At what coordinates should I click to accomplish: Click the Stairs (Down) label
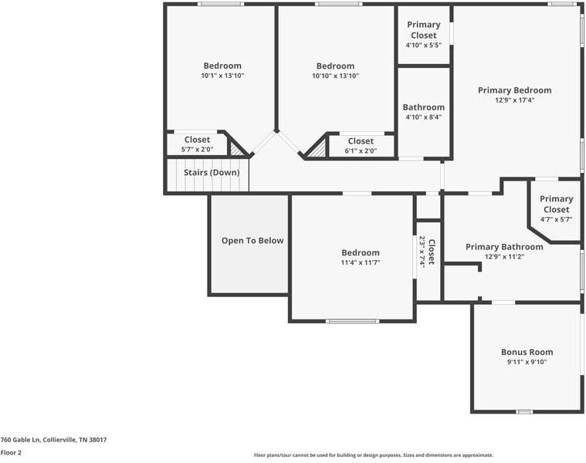pos(212,173)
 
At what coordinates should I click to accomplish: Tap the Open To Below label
pos(252,241)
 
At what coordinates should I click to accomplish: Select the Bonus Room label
pos(527,352)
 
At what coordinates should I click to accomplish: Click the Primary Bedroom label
pos(515,90)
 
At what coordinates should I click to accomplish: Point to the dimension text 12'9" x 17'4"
pos(515,100)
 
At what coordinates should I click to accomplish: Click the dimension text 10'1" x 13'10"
pos(222,76)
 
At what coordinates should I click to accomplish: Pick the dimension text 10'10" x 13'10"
pos(336,76)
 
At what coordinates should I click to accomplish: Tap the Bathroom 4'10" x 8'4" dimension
pos(424,117)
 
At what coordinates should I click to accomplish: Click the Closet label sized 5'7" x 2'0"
pos(197,140)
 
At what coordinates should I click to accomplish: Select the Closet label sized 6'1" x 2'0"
pos(361,141)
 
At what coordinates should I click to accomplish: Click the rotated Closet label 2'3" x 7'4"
pos(431,252)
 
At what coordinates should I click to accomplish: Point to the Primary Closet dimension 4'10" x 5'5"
pos(424,46)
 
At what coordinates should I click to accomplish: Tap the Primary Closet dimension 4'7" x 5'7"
pos(556,220)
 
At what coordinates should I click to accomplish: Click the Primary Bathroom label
pos(504,247)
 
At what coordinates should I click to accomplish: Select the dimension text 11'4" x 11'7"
pos(361,262)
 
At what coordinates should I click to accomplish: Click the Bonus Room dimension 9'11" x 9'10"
pos(527,362)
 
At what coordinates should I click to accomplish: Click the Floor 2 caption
pos(11,453)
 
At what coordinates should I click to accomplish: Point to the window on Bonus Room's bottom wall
pos(524,412)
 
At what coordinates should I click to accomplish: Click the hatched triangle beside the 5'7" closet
pos(235,150)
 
